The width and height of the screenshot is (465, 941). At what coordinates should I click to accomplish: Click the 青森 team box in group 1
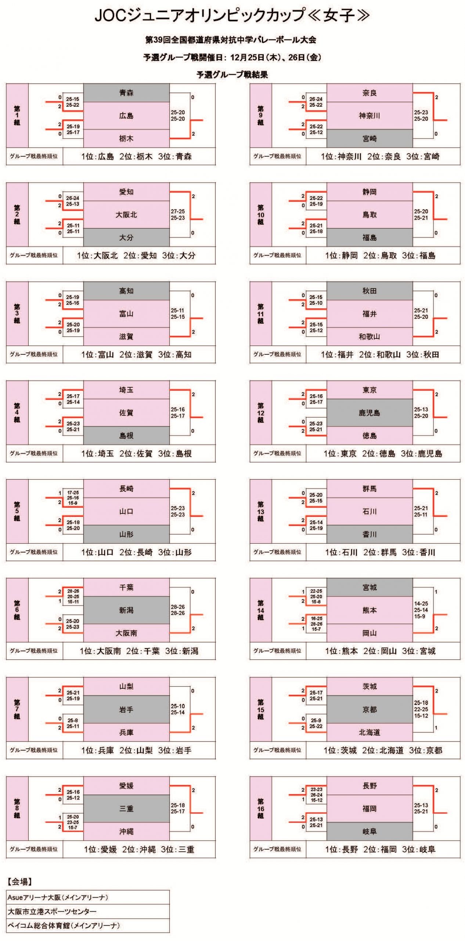pos(126,93)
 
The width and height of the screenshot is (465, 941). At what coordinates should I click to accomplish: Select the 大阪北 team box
pos(126,215)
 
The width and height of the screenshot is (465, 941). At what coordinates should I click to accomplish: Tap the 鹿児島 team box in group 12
pos(370,413)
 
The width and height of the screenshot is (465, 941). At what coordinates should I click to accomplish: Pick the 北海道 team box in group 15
pos(370,732)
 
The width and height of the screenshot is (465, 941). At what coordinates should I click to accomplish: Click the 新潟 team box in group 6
pos(126,610)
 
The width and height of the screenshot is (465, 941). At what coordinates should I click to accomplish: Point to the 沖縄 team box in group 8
pos(126,831)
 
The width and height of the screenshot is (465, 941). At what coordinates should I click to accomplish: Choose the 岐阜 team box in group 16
pos(370,831)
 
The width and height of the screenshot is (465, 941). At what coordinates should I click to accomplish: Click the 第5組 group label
pos(17,511)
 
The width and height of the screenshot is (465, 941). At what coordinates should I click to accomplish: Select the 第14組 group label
pos(261,610)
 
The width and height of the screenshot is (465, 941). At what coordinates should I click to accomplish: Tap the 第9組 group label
pos(261,115)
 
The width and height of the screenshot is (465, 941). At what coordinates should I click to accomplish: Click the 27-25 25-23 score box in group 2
pos(178,215)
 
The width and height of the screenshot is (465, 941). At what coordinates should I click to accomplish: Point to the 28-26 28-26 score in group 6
pos(178,610)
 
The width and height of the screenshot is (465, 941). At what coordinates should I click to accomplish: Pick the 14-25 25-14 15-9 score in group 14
pos(421,610)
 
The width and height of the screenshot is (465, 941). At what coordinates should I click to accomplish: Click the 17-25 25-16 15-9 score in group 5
pos(73,498)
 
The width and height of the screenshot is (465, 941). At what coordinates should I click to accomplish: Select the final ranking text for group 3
pos(137,355)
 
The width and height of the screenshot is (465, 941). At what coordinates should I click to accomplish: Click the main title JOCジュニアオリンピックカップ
pos(232,15)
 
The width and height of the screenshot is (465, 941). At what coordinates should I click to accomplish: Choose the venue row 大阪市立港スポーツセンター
pos(52,911)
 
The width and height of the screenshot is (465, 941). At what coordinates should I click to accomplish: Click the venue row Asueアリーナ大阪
pos(58,897)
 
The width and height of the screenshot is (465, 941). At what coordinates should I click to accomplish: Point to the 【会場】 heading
pos(20,881)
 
